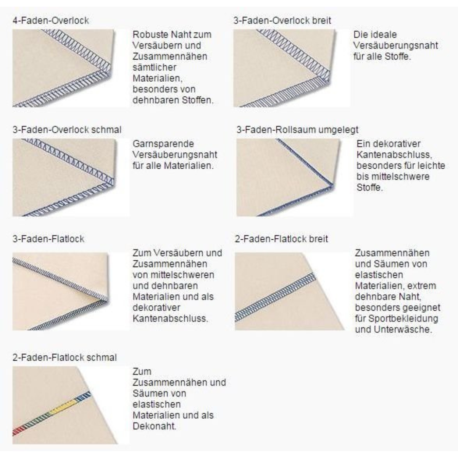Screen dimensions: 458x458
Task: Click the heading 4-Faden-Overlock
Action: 51,21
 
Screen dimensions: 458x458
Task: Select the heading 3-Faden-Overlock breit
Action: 282,21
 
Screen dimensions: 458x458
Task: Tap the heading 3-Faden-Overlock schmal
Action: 67,130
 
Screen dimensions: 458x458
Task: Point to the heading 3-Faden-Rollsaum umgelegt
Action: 297,130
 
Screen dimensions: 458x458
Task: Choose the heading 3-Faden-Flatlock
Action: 48,239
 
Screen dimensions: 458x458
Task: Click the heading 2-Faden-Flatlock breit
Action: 281,239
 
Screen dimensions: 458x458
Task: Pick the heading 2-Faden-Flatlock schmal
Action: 65,358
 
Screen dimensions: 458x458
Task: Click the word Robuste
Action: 148,35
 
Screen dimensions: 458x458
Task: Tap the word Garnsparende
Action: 163,144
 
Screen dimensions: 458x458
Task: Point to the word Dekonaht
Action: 155,426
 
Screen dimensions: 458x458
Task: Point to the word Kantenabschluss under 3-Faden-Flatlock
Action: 170,318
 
